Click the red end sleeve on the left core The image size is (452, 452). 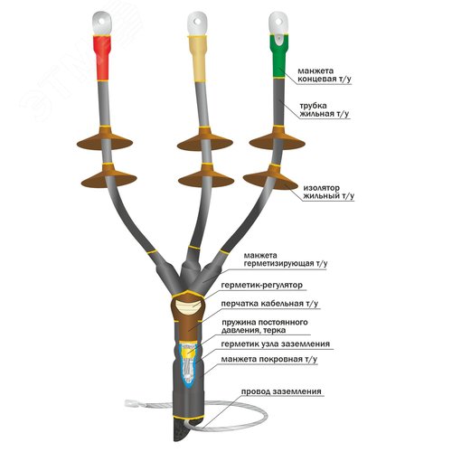click(x=102, y=59)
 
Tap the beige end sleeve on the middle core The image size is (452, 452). click(x=198, y=59)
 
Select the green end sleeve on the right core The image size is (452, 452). click(x=278, y=56)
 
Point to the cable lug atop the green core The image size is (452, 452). click(x=278, y=24)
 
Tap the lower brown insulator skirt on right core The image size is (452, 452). click(x=270, y=177)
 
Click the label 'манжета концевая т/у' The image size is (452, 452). click(x=325, y=75)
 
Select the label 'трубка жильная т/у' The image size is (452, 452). click(x=325, y=110)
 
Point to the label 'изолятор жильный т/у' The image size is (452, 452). click(x=328, y=192)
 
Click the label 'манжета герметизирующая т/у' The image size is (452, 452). click(x=285, y=259)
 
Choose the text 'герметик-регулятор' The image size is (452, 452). click(x=261, y=285)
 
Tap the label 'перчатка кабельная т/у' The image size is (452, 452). click(x=269, y=304)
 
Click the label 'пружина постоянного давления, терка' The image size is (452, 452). click(x=265, y=326)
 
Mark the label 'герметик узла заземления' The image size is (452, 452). click(x=275, y=344)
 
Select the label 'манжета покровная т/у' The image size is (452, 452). click(x=269, y=359)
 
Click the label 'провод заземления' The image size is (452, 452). click(x=281, y=391)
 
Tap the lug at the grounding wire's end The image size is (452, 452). click(x=132, y=402)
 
